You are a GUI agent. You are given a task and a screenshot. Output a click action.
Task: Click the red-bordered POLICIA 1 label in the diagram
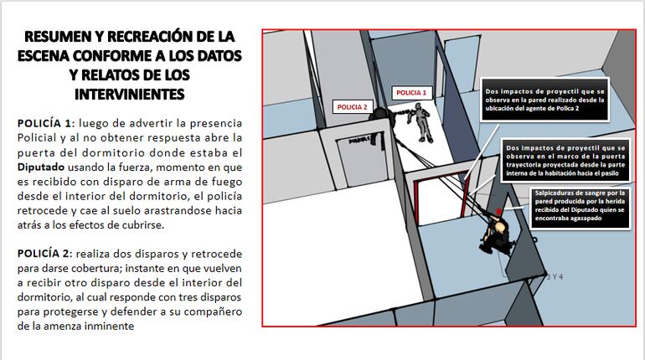[411, 92]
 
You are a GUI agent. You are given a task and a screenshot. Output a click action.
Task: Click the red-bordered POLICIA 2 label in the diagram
[353, 106]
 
